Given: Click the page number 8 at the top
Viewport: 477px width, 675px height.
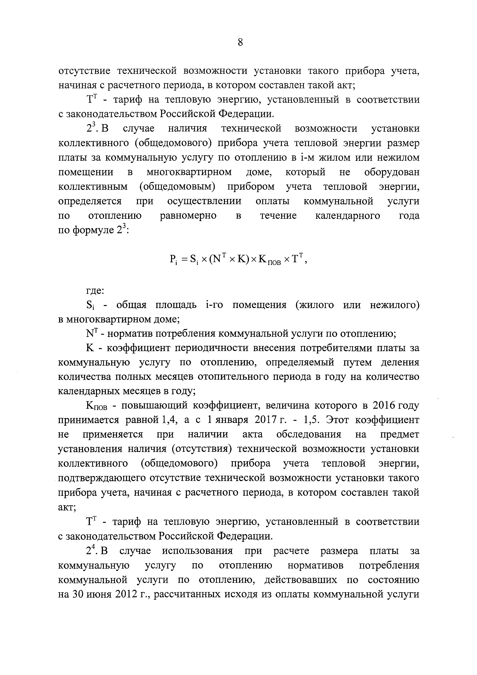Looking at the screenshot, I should pos(240,43).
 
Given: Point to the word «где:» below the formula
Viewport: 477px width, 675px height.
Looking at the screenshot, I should pos(95,291).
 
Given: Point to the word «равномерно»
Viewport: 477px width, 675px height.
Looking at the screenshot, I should pos(188,216).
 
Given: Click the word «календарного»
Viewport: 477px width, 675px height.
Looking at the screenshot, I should pos(348,216).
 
